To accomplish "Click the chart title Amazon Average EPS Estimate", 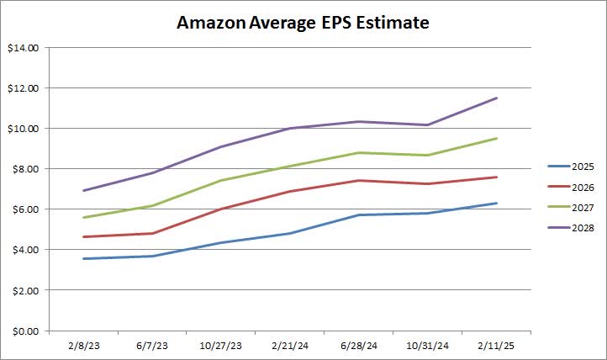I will pyautogui.click(x=303, y=23).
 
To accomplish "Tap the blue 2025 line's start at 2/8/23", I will pyautogui.click(x=83, y=258).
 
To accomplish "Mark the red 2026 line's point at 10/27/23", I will pyautogui.click(x=221, y=209).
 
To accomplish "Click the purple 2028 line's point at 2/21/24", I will pyautogui.click(x=290, y=129).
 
